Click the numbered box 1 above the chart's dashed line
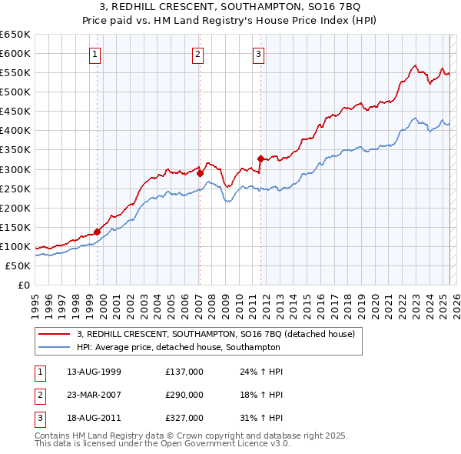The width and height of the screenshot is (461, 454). pyautogui.click(x=94, y=54)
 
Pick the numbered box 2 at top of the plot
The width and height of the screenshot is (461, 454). pyautogui.click(x=197, y=54)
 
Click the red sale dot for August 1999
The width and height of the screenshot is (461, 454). pyautogui.click(x=98, y=232)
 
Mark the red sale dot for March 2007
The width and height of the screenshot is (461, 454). pyautogui.click(x=200, y=173)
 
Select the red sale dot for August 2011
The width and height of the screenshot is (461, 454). pyautogui.click(x=260, y=159)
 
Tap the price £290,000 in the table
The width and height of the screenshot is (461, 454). pyautogui.click(x=184, y=395)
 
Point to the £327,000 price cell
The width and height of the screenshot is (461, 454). pyautogui.click(x=184, y=418)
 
